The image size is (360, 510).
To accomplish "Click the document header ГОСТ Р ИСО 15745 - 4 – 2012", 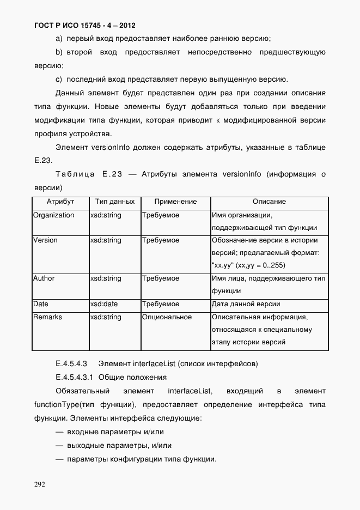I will coord(84,25).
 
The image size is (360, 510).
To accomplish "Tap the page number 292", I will coord(40,484).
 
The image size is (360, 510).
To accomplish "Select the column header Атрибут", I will coord(60,202).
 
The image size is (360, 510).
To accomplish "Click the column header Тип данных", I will coord(114,202).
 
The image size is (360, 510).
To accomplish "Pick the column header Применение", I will coord(175,202).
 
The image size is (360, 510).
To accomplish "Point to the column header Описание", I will coord(269,202).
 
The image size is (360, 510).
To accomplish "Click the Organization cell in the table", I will coord(53,215).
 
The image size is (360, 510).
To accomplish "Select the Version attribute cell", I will coord(45,240).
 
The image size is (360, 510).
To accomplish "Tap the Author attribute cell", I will coord(44,278).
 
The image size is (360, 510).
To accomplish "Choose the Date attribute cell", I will coord(41,304).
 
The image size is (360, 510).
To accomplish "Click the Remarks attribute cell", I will coord(47,317).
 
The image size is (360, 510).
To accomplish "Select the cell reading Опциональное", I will coord(167,317).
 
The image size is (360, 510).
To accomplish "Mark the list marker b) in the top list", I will coord(59,52).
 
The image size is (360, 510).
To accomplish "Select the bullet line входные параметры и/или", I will coord(115,432).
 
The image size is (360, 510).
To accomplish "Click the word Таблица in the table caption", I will coord(75,174).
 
